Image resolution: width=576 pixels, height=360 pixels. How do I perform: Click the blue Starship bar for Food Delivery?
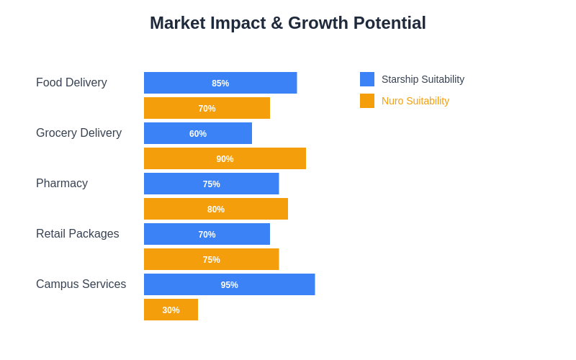220,83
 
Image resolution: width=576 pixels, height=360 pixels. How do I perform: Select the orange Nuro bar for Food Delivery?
207,108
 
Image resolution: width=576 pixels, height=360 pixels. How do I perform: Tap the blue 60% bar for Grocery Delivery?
198,133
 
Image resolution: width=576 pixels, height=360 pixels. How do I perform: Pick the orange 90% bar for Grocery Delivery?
225,158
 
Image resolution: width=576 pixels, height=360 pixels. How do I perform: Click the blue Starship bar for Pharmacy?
211,184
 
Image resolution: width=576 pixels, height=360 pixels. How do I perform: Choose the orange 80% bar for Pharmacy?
216,209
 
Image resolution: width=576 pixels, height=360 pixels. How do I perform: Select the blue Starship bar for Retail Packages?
207,234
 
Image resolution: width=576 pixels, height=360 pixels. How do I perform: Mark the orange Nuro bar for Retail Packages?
211,259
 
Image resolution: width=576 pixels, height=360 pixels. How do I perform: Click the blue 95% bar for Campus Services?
229,284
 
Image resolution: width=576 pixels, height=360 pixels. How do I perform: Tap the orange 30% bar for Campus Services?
171,310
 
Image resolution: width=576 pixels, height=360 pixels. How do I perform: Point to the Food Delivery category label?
71,83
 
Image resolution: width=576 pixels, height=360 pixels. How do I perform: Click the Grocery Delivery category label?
78,133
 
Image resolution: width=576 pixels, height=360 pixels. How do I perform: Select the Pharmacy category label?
62,184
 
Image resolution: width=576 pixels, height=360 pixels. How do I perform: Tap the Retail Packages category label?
78,234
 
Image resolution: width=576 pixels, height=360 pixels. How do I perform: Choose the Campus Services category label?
81,284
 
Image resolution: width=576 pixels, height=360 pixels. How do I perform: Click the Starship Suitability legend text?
423,79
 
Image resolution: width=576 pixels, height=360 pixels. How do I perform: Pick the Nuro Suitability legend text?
415,101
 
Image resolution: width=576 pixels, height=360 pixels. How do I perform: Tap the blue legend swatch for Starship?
367,79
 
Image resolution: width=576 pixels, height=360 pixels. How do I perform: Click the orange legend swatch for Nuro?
367,101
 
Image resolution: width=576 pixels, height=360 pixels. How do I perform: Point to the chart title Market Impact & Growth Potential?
288,23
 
